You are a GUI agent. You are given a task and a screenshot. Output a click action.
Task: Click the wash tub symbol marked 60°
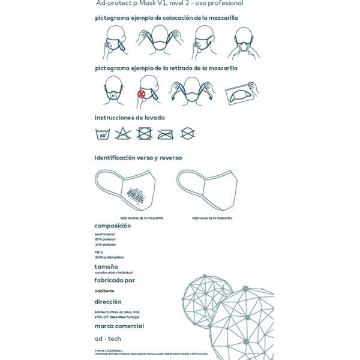pos(103,134)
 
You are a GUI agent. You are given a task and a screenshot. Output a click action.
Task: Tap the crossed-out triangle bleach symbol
pos(123,134)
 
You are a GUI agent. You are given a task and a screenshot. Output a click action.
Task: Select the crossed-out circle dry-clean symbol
pos(187,133)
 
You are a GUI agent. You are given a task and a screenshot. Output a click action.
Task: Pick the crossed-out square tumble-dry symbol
pos(144,134)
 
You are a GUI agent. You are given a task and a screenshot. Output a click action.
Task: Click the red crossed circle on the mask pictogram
pos(142,94)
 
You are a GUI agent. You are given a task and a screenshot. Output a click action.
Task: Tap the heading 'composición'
pos(113,226)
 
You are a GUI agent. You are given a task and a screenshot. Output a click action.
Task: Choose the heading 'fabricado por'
pos(115,280)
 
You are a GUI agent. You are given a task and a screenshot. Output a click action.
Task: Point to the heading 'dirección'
pos(108,302)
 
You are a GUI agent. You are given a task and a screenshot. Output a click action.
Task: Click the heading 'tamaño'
pos(106,266)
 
